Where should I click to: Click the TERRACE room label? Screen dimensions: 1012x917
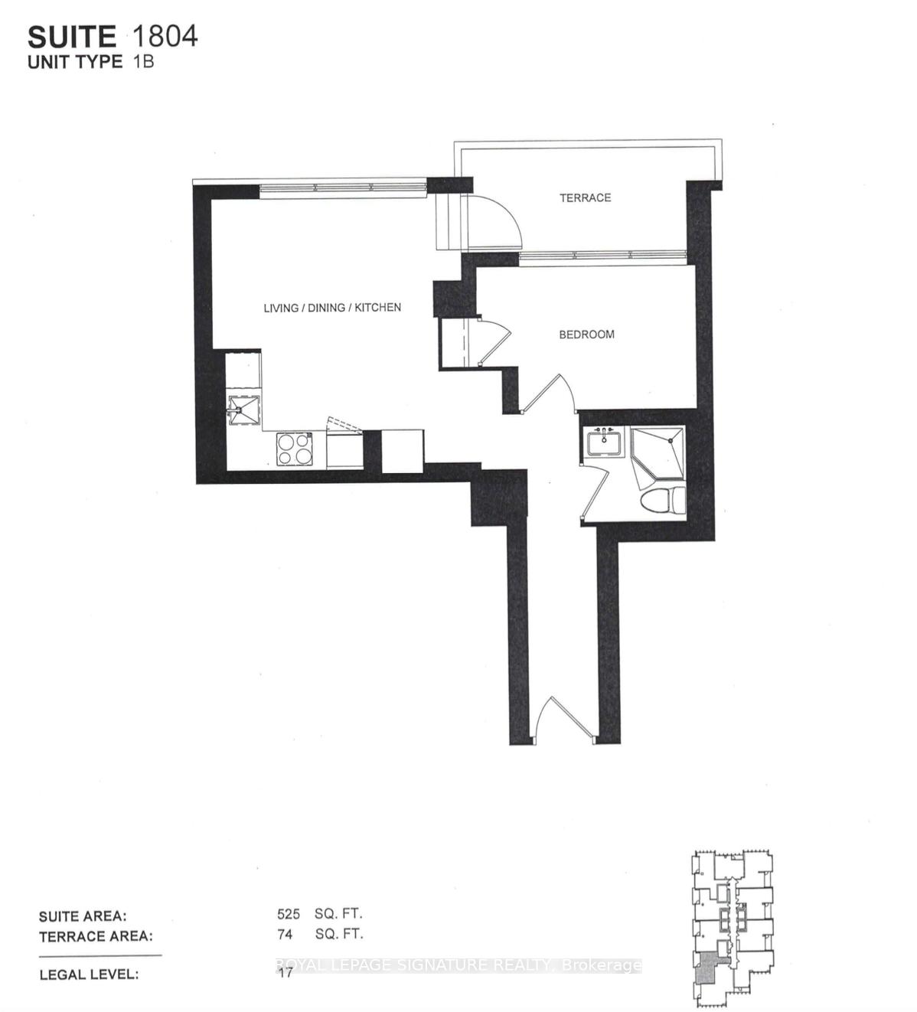pyautogui.click(x=585, y=198)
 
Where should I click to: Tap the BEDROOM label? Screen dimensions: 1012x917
pyautogui.click(x=586, y=335)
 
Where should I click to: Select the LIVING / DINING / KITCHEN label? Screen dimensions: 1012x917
pyautogui.click(x=332, y=308)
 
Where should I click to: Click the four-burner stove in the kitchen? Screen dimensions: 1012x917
pyautogui.click(x=295, y=448)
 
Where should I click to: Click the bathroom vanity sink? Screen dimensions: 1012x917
pyautogui.click(x=605, y=442)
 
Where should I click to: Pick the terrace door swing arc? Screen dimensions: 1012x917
pyautogui.click(x=494, y=220)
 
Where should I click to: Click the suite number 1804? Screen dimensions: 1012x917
pyautogui.click(x=165, y=35)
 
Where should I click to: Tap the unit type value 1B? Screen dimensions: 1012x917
pyautogui.click(x=142, y=61)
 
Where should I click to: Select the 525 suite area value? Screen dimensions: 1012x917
pyautogui.click(x=289, y=914)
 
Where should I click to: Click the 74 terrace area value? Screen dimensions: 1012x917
pyautogui.click(x=285, y=934)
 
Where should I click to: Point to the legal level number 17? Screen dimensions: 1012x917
pyautogui.click(x=285, y=974)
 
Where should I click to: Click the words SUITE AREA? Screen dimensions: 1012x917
pyautogui.click(x=83, y=916)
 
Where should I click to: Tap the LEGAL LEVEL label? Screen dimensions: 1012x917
pyautogui.click(x=89, y=974)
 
